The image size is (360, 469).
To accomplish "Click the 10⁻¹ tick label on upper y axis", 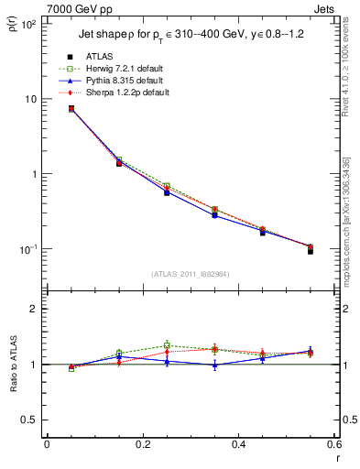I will pyautogui.click(x=29, y=249).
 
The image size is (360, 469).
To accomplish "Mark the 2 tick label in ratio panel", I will pyautogui.click(x=35, y=309).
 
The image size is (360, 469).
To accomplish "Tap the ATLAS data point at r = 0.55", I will pyautogui.click(x=311, y=251).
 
